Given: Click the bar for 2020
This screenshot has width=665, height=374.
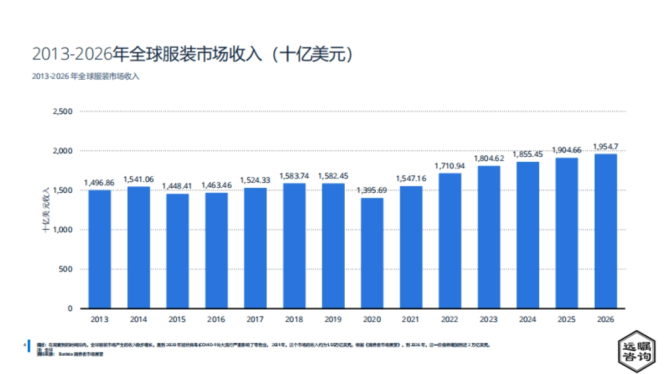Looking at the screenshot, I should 372,253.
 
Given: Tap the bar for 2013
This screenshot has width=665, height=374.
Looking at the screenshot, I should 100,249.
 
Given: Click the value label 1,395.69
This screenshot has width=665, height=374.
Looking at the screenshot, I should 372,191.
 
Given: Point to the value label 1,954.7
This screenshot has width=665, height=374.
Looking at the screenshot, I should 605,147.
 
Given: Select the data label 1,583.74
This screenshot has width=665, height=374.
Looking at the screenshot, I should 294,176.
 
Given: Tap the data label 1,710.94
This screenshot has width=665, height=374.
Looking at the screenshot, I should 450,166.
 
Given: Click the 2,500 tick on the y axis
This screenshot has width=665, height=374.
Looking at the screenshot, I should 62,111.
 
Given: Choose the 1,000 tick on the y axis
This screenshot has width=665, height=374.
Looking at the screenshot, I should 62,230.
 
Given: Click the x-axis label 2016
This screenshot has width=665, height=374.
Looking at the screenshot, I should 216,320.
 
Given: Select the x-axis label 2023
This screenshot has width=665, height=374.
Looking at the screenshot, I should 489,320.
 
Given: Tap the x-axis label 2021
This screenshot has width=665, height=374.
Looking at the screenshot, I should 411,320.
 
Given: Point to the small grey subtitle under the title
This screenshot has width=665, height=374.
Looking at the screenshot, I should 85,76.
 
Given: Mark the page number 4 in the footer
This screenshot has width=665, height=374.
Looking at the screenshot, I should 24,345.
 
